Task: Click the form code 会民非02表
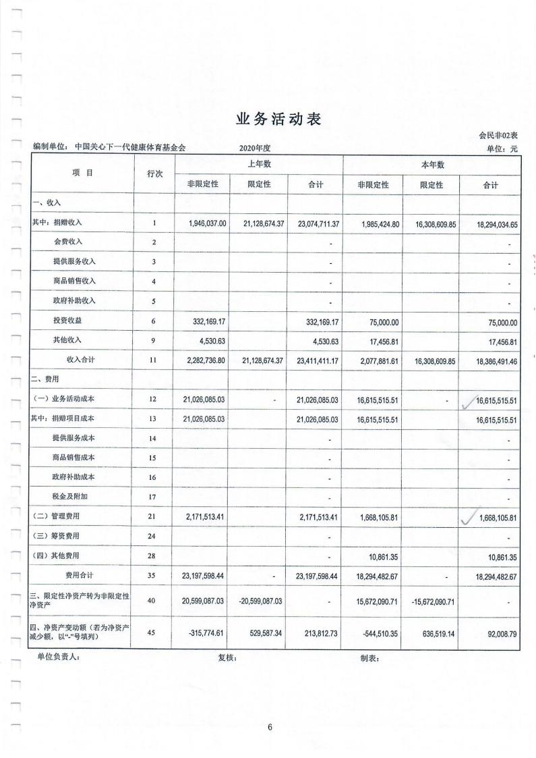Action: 498,136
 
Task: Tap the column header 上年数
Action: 258,165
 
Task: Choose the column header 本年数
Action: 431,165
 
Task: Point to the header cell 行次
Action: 154,173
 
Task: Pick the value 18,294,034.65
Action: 490,222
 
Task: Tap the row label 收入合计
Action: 80,360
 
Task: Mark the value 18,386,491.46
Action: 490,361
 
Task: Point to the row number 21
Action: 154,517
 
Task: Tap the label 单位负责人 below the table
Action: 59,659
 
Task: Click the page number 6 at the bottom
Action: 269,726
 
